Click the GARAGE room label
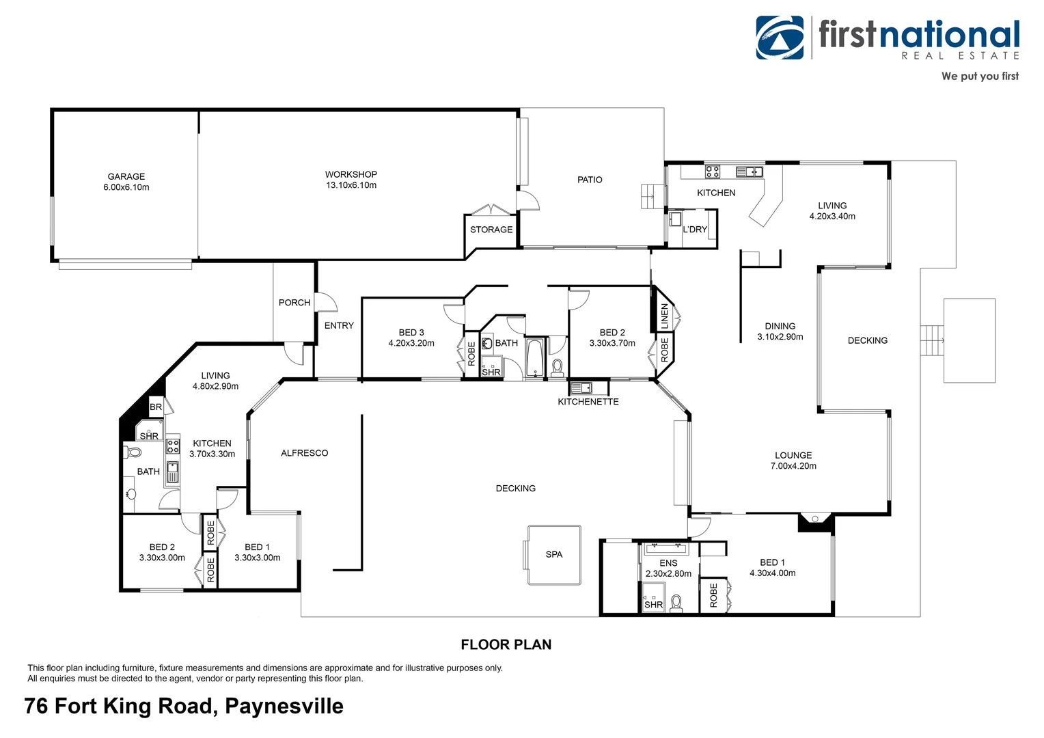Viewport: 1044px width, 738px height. click(126, 176)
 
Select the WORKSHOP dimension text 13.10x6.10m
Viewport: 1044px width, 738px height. click(351, 185)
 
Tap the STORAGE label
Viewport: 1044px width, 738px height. click(491, 230)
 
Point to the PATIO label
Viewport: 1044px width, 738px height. click(590, 180)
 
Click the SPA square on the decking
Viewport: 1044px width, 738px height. click(554, 554)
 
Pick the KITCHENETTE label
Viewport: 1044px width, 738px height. click(588, 402)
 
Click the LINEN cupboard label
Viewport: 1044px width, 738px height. click(665, 316)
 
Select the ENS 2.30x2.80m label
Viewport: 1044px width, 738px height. click(668, 569)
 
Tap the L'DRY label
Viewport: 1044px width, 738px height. click(695, 230)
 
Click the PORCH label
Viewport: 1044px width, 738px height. click(294, 303)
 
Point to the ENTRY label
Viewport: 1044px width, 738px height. click(339, 326)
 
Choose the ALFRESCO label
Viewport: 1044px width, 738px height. click(305, 453)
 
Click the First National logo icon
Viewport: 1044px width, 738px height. click(780, 38)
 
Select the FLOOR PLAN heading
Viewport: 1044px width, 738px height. click(506, 644)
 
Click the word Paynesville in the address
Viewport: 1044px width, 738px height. click(284, 706)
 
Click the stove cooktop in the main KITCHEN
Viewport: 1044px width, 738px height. click(713, 172)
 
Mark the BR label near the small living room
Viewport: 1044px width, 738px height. click(156, 407)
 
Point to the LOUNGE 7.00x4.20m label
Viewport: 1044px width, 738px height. click(793, 461)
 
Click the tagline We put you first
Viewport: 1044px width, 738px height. click(980, 77)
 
